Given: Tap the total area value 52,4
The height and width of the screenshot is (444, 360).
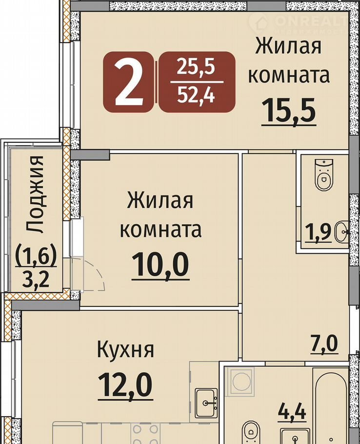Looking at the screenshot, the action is [196, 95].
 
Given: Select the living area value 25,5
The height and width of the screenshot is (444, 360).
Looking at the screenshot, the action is [196, 67].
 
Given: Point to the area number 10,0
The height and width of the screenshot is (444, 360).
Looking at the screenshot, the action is [160, 265].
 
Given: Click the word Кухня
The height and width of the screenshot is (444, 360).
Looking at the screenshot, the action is [126, 350].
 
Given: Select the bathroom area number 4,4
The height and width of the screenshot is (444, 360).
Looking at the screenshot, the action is [292, 412].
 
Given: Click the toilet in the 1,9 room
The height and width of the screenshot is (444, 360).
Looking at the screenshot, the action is [324, 175].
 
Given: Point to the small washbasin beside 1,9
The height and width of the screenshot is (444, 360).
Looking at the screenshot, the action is [341, 232].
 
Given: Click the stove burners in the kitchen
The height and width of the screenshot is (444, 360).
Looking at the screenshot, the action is [145, 434].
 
